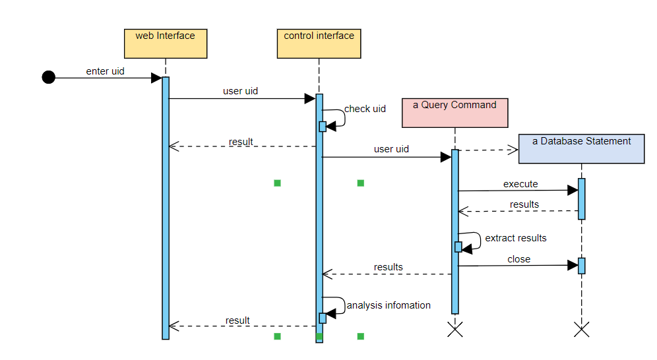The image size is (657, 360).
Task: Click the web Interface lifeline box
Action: pos(165,43)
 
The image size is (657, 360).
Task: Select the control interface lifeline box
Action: pos(319,43)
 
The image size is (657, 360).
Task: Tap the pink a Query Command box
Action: pos(455,111)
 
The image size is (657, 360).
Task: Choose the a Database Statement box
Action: pos(581,148)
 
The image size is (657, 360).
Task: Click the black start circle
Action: pos(48,78)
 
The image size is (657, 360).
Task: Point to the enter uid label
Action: pos(105,71)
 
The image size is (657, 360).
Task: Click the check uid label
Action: pos(365,109)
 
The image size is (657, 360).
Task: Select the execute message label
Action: pos(520,184)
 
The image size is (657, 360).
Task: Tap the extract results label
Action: pos(515,238)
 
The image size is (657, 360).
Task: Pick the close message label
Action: pos(519,259)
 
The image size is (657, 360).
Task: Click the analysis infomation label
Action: pos(388,305)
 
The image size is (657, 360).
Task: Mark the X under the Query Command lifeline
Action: pos(454,329)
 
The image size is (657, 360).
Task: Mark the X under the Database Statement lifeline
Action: pos(581,329)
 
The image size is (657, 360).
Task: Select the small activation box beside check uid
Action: pos(323,127)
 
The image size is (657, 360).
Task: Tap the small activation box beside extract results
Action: pos(458,247)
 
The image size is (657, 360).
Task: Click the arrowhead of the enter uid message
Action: pos(156,78)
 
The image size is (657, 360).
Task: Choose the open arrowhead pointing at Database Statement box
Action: pos(513,150)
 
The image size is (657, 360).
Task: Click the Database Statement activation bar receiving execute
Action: pos(581,198)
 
